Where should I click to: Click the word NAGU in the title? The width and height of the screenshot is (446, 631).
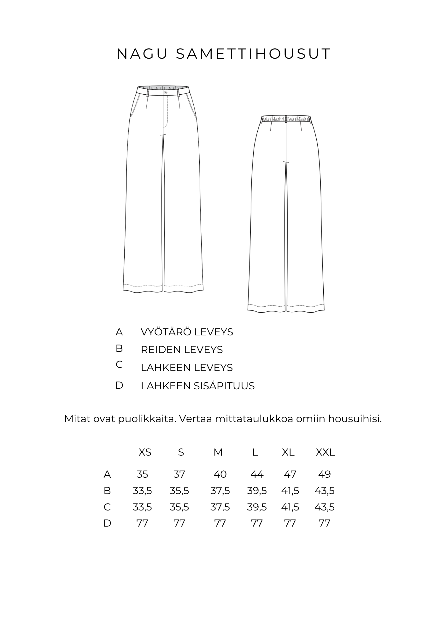point(142,54)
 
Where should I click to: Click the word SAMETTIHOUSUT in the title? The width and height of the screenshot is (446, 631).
point(253,54)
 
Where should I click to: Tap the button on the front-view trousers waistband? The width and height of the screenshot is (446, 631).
point(165,93)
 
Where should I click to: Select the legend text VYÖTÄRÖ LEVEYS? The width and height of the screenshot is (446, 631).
point(187,332)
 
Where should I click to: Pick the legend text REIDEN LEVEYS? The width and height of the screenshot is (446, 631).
point(182,350)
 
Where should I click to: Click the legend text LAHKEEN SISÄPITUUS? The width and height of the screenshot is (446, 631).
point(197,386)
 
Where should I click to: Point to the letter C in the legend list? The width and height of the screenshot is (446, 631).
point(119,365)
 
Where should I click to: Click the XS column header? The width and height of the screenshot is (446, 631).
point(145,452)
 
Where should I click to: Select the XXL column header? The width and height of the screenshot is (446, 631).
point(325,452)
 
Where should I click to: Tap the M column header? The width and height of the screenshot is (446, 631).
point(218,452)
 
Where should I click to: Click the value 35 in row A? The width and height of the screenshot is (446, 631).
point(142,474)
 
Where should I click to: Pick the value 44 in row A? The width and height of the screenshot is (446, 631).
point(257,474)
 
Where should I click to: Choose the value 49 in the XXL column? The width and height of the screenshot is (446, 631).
point(325,474)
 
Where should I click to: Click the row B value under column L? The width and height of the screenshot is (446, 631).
point(257,491)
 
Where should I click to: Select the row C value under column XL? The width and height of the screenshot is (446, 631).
point(290,507)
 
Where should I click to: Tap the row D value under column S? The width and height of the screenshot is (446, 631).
point(179,523)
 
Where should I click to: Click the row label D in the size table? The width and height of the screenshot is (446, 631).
point(107,523)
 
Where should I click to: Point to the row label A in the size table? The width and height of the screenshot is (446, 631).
point(107,474)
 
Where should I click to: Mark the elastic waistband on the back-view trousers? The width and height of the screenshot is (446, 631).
point(286,119)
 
